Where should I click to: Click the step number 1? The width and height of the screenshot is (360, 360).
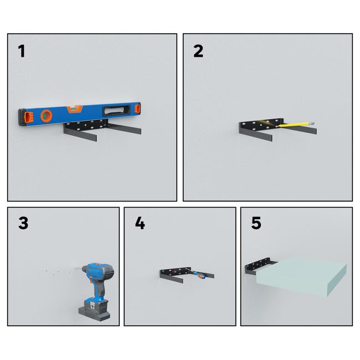click(22, 51)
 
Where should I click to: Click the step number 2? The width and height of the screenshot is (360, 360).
click(198, 51)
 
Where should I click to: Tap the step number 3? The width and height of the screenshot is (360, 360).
click(23, 223)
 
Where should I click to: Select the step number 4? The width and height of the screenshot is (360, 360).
click(140, 223)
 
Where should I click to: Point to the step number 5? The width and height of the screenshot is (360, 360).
click(256, 223)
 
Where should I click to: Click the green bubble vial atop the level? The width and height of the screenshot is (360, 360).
click(74, 109)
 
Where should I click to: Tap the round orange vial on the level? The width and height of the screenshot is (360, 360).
click(47, 116)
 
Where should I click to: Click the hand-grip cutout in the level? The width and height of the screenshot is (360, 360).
click(116, 110)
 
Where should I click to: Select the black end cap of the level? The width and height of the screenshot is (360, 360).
click(22, 117)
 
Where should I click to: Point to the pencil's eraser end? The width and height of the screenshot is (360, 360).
click(312, 123)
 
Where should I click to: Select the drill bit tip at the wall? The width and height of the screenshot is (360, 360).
click(76, 268)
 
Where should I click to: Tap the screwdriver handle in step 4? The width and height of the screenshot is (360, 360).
click(199, 275)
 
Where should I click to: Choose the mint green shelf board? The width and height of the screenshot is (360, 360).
click(301, 277)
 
